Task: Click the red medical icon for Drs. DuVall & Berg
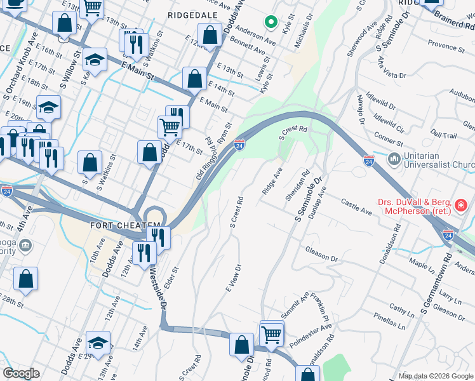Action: click(461, 206)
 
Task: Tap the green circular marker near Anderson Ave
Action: click(271, 23)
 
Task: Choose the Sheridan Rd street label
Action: click(297, 184)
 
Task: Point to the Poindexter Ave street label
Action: click(311, 335)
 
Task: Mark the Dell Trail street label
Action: click(443, 135)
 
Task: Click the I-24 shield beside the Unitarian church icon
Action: click(368, 160)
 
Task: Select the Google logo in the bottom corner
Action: click(21, 373)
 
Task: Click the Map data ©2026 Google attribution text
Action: click(436, 376)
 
